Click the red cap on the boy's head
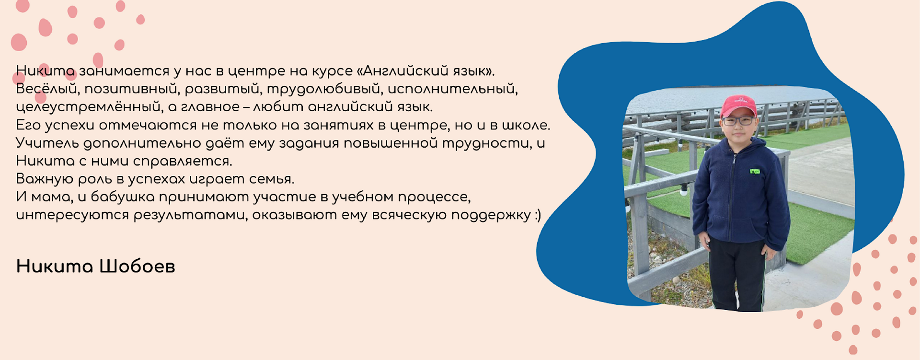click(x=739, y=106)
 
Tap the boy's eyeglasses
click(x=738, y=121)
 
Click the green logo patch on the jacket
click(x=755, y=171)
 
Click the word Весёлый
click(x=46, y=89)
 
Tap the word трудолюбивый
click(x=323, y=89)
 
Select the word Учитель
click(x=47, y=143)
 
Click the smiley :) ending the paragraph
click(x=538, y=215)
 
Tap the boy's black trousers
click(x=737, y=273)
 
